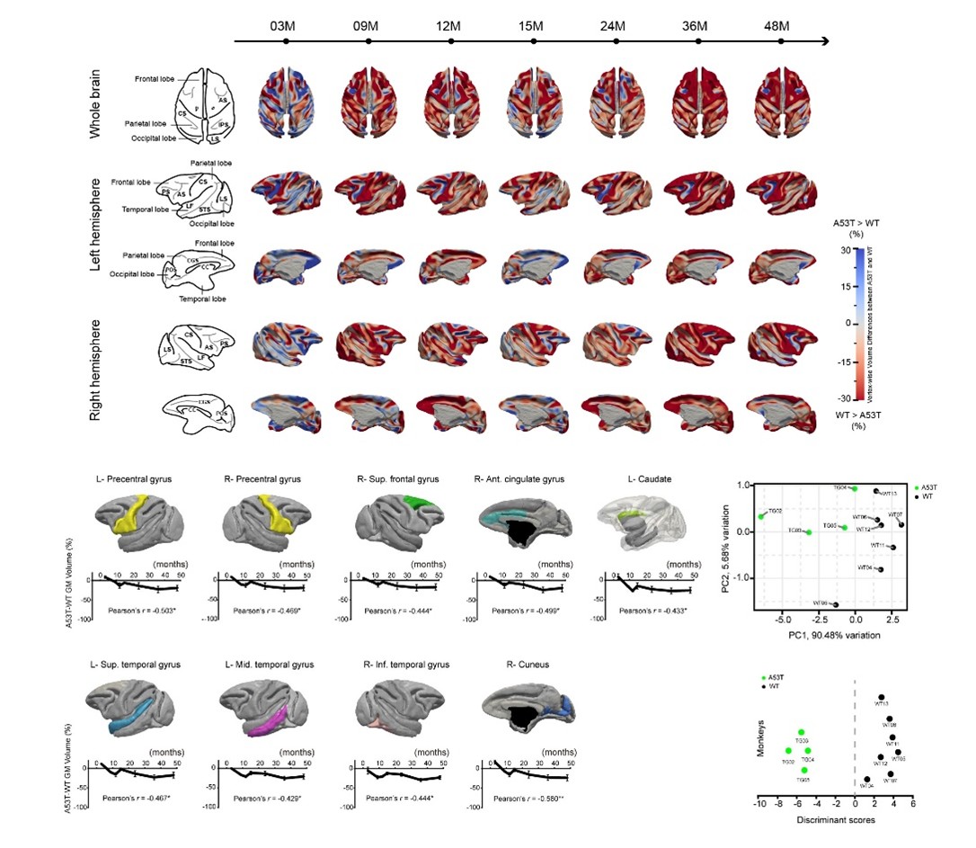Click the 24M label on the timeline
click(612, 23)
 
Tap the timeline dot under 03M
click(285, 40)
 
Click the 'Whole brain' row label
click(95, 104)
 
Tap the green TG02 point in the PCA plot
click(761, 516)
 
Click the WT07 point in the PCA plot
click(901, 524)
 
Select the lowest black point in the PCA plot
click(836, 605)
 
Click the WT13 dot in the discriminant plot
click(881, 698)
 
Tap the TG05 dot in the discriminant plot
click(804, 770)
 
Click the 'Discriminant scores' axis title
click(833, 821)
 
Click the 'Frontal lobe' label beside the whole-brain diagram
click(156, 79)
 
